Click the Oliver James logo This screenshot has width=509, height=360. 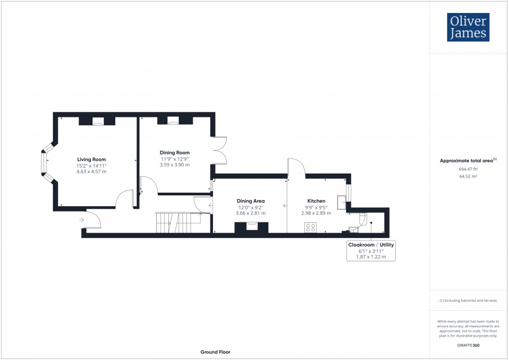468,28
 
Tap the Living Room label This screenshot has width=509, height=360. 91,159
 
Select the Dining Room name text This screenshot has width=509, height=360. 175,153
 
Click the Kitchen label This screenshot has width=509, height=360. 316,201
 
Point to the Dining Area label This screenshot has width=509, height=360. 251,201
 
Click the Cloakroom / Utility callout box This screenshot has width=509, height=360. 371,250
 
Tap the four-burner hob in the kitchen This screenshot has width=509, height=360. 311,226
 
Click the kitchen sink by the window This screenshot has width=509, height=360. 341,203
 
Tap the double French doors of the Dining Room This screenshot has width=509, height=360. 221,150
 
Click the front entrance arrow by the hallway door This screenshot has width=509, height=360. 82,220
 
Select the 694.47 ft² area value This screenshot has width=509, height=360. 468,169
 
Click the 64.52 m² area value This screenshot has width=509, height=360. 468,177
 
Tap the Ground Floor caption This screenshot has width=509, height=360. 215,352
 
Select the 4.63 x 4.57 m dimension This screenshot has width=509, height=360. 91,171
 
